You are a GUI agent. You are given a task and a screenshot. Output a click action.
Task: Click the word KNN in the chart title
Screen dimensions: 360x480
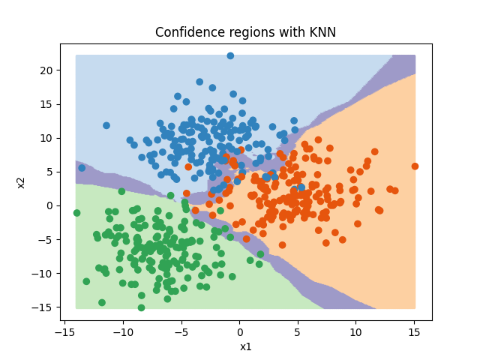[x=321, y=32]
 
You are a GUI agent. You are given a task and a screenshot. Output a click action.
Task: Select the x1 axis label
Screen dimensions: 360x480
[x=245, y=346]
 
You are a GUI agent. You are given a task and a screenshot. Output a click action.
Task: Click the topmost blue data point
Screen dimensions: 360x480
[x=230, y=55]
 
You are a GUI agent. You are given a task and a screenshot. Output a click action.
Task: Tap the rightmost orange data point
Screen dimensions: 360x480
[x=415, y=166]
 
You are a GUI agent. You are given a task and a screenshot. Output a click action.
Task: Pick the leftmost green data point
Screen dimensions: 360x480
[x=76, y=213]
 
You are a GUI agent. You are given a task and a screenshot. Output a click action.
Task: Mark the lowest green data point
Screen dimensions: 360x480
[x=141, y=307]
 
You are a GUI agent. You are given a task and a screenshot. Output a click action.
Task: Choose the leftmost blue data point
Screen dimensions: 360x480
[x=82, y=168]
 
